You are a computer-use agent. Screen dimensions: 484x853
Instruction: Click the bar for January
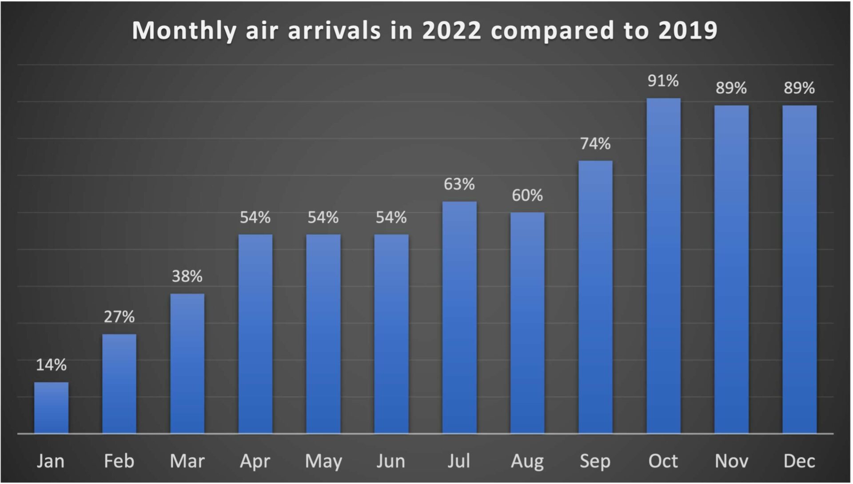[52, 408]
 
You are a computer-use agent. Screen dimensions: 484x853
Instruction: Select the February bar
[119, 384]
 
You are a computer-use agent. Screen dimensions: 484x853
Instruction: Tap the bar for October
[663, 266]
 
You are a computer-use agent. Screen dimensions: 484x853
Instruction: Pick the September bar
[595, 297]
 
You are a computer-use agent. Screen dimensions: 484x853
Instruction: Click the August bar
[527, 323]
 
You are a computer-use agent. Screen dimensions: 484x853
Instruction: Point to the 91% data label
[663, 81]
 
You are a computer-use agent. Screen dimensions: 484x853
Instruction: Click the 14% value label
[52, 365]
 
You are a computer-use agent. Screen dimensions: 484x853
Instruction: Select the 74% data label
[595, 144]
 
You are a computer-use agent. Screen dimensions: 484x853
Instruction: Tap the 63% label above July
[459, 184]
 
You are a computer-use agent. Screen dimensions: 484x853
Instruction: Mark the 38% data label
[187, 276]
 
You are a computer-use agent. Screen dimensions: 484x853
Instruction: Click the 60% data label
[527, 195]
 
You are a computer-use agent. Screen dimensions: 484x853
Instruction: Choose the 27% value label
[119, 317]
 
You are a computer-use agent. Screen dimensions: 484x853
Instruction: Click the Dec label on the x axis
[799, 461]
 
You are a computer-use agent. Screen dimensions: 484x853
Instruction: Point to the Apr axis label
[255, 462]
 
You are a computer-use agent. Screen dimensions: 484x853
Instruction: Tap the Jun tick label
[391, 461]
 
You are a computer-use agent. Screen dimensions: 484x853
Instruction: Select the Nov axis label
[731, 461]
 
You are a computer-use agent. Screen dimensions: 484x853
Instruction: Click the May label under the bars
[323, 462]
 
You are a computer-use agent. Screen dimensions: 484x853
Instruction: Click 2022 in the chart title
[451, 30]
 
